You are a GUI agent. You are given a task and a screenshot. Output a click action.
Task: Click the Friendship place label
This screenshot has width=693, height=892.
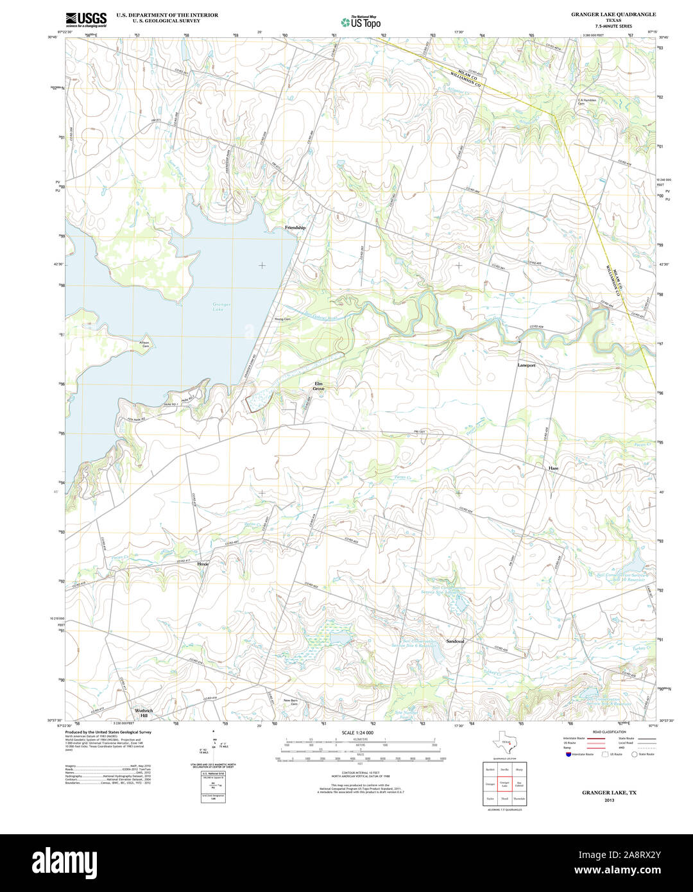pos(295,228)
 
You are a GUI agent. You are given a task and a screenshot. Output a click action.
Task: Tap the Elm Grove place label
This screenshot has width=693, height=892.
pos(319,386)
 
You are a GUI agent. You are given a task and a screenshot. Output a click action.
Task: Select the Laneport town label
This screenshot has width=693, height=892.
pos(526,365)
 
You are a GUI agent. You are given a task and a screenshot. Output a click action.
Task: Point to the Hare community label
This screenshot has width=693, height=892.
pos(553,468)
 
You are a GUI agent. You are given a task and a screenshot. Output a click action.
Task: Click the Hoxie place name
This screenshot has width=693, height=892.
pos(203,563)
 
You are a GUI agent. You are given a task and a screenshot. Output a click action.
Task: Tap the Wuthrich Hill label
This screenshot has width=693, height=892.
pos(144,712)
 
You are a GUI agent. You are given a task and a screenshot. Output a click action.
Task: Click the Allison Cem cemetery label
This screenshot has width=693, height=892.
pos(145,344)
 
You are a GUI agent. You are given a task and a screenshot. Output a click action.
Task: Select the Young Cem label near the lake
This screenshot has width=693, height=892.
pos(282,319)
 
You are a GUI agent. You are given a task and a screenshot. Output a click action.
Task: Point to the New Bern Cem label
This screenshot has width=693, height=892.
pos(291,701)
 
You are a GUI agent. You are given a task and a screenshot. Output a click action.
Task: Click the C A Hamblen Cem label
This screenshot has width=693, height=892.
pos(586,101)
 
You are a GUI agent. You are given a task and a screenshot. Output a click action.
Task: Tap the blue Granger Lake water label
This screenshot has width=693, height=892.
pos(221,307)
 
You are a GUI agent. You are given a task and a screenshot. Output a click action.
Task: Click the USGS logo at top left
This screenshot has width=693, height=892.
pos(86,19)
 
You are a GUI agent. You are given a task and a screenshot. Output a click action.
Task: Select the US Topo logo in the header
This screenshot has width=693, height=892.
pos(361,22)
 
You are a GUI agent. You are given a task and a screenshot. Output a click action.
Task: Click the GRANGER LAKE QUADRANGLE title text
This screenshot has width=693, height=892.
pos(604,14)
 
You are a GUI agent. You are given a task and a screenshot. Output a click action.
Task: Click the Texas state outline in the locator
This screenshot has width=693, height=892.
pos(504,744)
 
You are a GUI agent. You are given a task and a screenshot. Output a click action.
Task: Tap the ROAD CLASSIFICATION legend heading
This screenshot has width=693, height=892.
pos(609,732)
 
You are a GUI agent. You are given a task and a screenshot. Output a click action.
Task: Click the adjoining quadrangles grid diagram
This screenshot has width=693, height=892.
pos(504,783)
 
